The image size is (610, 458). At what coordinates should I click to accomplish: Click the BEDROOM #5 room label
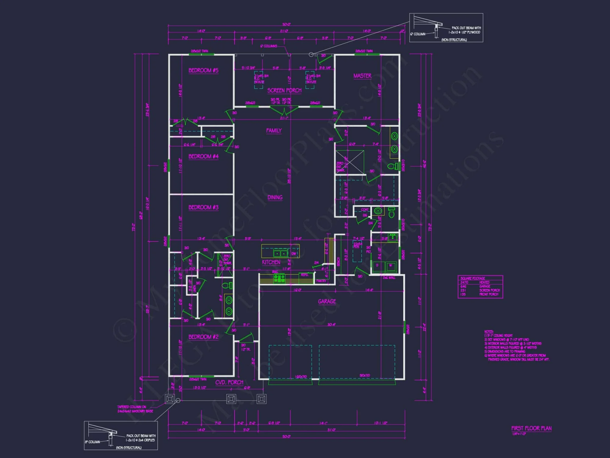[203, 71]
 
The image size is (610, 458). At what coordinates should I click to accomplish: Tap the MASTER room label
[362, 76]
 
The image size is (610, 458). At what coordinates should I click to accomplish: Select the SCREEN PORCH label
[284, 90]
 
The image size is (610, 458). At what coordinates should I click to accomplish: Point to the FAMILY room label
[274, 131]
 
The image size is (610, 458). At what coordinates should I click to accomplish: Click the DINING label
[275, 198]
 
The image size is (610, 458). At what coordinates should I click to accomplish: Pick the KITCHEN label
[271, 262]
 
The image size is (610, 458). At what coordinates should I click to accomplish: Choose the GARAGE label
[327, 301]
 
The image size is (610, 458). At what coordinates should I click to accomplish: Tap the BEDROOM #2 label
[203, 337]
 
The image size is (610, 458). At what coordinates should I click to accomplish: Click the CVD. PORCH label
[229, 382]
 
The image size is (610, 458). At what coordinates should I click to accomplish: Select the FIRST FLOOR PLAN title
[531, 428]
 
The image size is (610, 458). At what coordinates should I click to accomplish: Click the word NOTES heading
[489, 332]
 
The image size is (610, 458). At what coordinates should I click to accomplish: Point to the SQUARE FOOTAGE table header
[472, 278]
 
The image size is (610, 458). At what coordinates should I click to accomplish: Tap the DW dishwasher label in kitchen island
[293, 254]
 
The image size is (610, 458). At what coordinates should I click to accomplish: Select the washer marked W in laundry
[390, 266]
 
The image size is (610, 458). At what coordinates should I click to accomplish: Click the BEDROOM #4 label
[203, 156]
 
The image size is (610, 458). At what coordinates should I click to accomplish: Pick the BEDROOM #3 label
[203, 207]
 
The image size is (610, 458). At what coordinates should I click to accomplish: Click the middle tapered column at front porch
[231, 399]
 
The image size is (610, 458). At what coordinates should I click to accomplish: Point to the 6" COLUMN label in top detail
[418, 34]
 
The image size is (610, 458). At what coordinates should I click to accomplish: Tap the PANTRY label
[321, 281]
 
